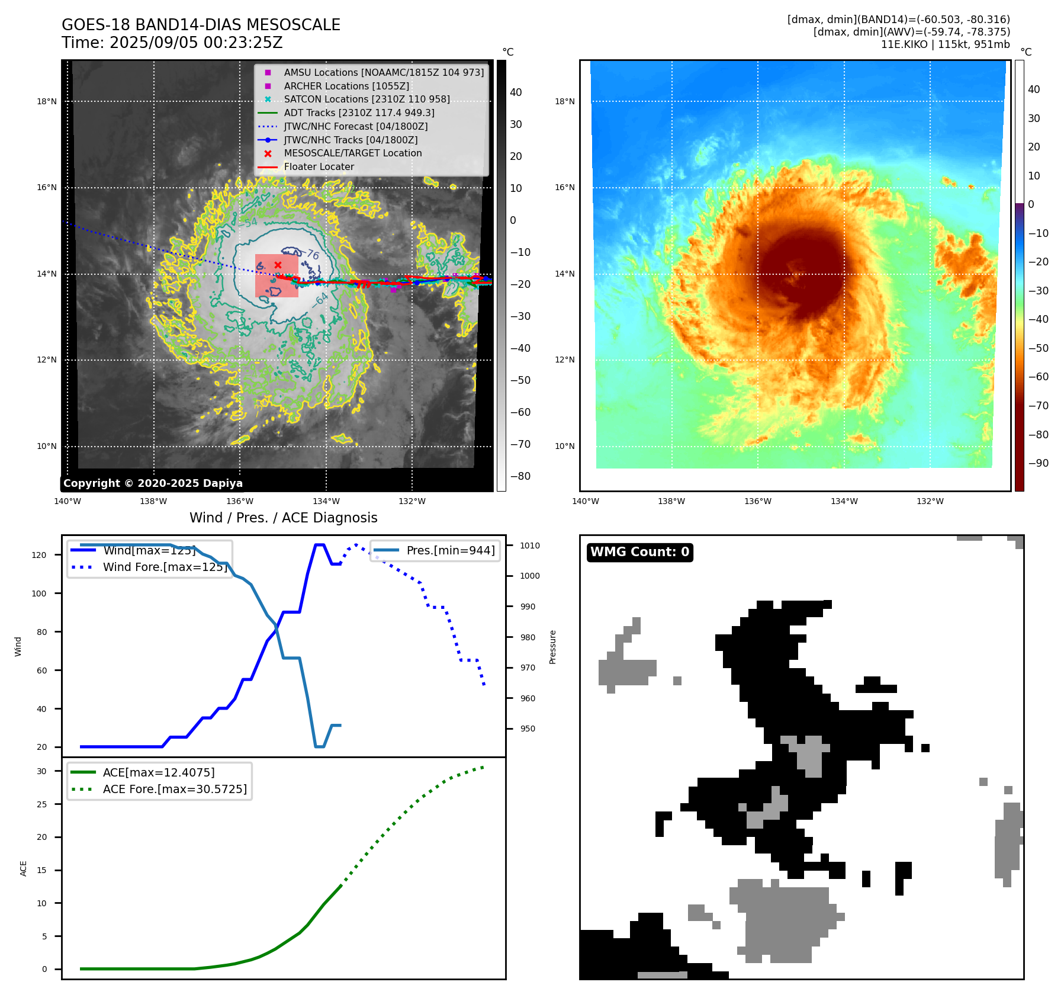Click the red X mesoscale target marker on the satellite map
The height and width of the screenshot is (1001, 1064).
click(278, 265)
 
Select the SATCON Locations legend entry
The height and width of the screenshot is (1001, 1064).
click(367, 100)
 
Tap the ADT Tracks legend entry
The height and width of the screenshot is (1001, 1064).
click(359, 113)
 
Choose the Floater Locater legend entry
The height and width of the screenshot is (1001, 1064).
click(319, 167)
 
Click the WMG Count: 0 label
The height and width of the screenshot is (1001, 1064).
click(639, 552)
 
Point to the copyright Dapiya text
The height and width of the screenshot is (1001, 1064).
click(153, 483)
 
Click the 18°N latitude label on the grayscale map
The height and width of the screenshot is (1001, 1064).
click(47, 101)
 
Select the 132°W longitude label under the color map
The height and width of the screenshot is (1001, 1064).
click(930, 502)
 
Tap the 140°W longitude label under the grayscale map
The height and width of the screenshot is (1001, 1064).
click(67, 502)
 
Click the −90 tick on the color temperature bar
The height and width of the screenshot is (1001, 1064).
click(1038, 463)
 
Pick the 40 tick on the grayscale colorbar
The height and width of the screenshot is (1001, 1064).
click(516, 92)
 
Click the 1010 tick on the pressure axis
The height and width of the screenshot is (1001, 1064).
click(530, 546)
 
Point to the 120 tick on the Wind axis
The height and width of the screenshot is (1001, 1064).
click(39, 555)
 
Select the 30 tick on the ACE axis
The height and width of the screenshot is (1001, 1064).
click(41, 771)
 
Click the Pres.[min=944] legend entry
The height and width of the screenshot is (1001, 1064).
click(450, 550)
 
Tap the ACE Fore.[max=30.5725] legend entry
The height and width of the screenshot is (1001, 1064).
click(175, 789)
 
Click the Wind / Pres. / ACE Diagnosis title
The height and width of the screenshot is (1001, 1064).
click(283, 518)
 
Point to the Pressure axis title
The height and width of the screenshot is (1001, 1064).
click(552, 647)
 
